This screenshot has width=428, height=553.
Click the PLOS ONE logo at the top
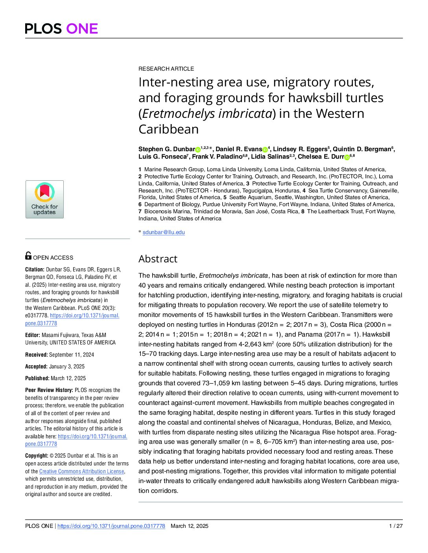61,29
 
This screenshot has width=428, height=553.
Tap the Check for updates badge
44,199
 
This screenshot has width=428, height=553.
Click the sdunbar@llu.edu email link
164,232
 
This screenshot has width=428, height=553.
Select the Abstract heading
158,259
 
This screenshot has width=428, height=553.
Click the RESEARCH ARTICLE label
166,69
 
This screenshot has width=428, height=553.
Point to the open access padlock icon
28,256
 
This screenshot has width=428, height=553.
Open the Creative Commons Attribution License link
81,471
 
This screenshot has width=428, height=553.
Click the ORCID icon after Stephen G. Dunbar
198,150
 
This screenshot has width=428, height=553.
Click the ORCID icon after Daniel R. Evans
265,150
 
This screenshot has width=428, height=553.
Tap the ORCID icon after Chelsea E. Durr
347,157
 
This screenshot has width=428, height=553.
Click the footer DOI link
111,526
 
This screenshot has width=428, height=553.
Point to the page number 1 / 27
396,526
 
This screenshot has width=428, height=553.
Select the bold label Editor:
33,335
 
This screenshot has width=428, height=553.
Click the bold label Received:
36,355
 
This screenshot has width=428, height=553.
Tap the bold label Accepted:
36,366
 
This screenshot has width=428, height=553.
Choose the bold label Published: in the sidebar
37,378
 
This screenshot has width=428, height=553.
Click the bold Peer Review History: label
49,390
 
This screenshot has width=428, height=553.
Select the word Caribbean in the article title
168,129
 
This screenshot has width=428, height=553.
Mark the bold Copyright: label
37,456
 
